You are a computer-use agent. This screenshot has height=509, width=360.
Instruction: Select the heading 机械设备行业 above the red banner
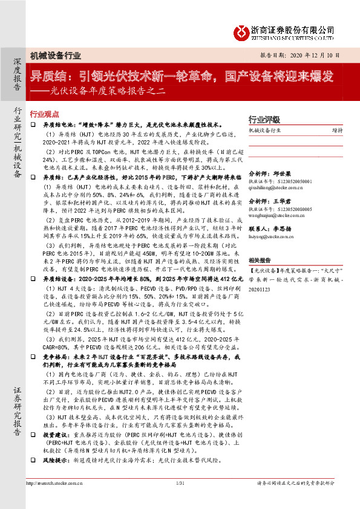(x=55, y=56)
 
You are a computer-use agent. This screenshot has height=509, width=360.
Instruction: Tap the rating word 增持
(x=337, y=129)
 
